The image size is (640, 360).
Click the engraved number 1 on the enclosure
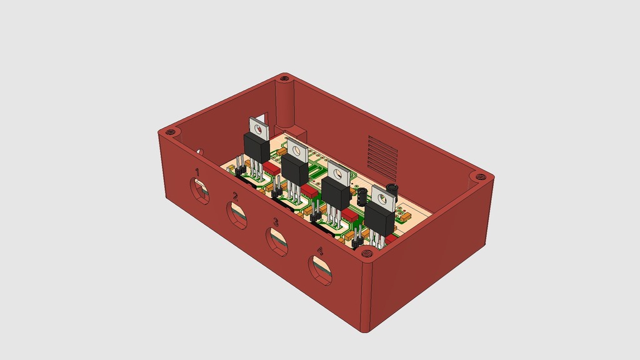(x=197, y=171)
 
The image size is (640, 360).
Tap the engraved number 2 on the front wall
(x=236, y=197)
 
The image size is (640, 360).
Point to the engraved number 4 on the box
(x=320, y=250)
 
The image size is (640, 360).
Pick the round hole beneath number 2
(x=237, y=216)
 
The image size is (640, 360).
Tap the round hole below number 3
(x=277, y=242)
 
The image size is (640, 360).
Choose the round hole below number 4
(x=320, y=270)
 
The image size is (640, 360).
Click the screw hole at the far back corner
(x=285, y=79)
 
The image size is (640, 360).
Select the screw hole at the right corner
(x=480, y=177)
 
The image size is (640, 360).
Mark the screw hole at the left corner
(x=169, y=132)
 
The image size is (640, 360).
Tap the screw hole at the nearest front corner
(x=366, y=253)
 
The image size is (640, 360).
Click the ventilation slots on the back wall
(x=382, y=156)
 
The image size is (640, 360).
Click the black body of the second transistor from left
(x=295, y=169)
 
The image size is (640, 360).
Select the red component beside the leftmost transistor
(x=271, y=167)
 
